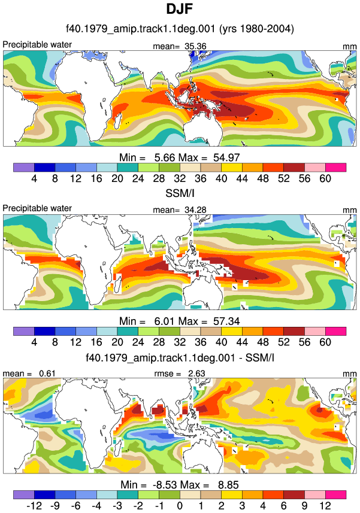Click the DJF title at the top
(x=179, y=9)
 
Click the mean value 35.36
(x=195, y=46)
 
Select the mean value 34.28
(x=195, y=210)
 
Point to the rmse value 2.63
(x=196, y=374)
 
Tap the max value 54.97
(x=226, y=157)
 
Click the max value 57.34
(x=226, y=321)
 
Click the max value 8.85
(x=228, y=485)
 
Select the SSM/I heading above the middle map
(x=180, y=193)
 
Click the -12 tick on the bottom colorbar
(x=34, y=506)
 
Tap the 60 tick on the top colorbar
(x=325, y=178)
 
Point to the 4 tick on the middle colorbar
(x=34, y=342)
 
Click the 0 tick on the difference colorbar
(x=180, y=506)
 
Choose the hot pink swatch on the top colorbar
(x=335, y=168)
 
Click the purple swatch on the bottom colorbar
(x=24, y=494)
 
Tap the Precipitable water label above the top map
(x=37, y=44)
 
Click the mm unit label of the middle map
(x=350, y=210)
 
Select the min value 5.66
(x=165, y=157)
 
